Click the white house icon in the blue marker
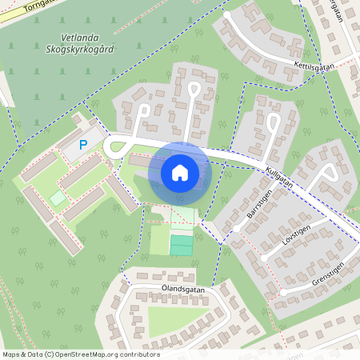click(180, 172)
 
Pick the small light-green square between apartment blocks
click(58, 196)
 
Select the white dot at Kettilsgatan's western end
click(227, 14)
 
